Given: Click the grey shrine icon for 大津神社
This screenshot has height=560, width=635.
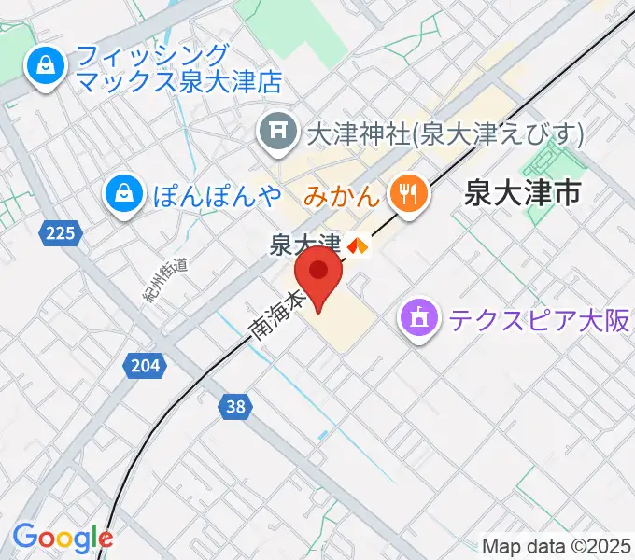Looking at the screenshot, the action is click(x=277, y=133).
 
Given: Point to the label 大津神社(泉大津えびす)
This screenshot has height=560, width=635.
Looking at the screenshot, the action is click(x=444, y=133).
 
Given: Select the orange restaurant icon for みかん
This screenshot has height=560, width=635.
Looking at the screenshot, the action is click(x=408, y=193).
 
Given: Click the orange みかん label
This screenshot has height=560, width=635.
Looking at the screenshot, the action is click(x=342, y=195).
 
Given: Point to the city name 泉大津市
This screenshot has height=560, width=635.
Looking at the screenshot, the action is click(x=522, y=194).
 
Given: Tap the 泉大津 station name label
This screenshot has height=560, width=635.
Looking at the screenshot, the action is click(x=303, y=245).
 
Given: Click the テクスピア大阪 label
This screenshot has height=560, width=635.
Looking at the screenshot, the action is click(x=540, y=321).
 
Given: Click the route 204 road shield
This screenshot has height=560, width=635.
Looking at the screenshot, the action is click(x=145, y=366).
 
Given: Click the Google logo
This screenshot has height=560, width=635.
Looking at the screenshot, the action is click(x=63, y=537).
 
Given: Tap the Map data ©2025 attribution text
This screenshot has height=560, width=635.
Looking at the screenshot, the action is click(x=557, y=546).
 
